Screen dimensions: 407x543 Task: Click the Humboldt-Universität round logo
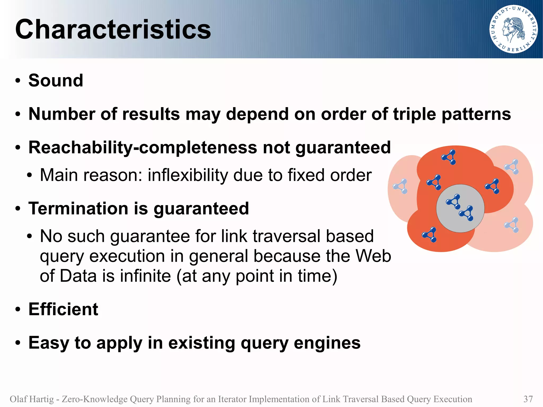(x=513, y=29)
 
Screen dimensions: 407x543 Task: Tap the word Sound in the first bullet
(x=56, y=80)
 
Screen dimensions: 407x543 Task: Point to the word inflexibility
(x=188, y=175)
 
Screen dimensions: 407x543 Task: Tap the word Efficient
(x=63, y=309)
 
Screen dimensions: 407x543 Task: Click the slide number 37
(x=528, y=399)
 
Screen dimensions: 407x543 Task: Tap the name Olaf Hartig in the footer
(x=32, y=399)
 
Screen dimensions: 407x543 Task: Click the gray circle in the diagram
(x=460, y=208)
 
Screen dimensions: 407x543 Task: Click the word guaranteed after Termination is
(x=201, y=208)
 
